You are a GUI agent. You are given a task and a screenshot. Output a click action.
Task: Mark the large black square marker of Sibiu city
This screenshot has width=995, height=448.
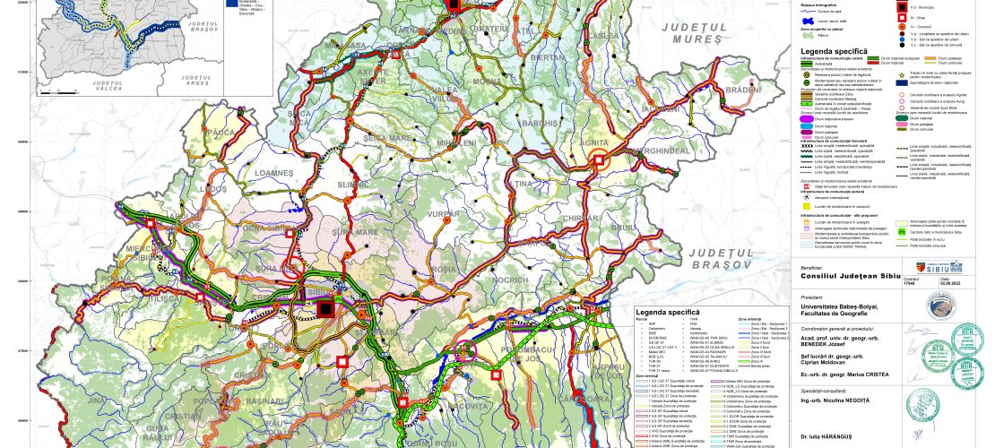(325, 309)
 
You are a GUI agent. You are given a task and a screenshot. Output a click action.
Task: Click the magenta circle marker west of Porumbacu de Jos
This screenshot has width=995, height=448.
(489, 350)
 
